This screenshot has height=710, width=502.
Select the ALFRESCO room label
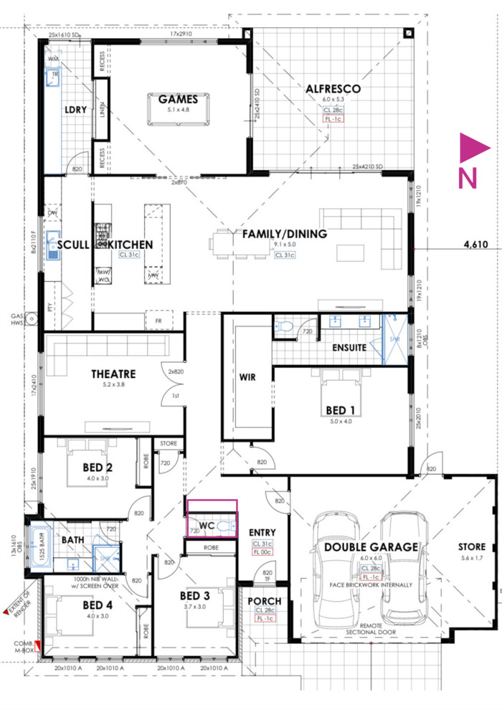coord(333,89)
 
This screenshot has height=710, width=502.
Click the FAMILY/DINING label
coord(284,234)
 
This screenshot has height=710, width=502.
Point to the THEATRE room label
coord(113,374)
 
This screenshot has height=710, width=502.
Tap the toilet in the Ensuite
coord(285,327)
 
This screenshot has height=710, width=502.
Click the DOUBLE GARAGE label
coord(371,546)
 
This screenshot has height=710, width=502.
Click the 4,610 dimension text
coord(475,245)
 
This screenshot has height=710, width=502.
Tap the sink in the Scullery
coord(53,245)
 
